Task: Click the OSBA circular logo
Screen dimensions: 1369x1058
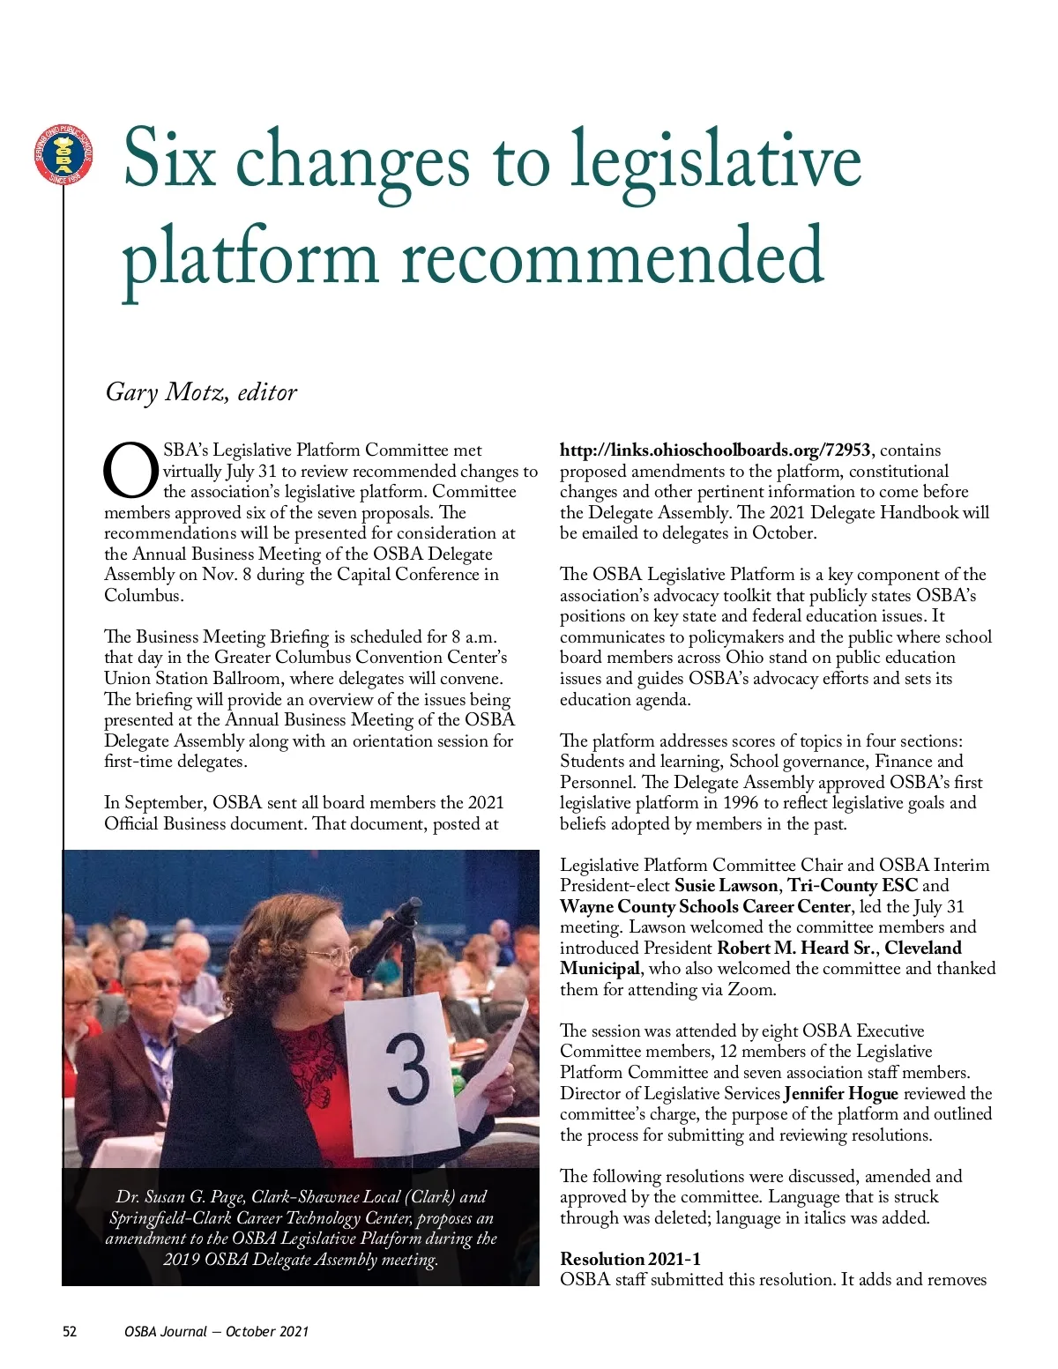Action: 63,155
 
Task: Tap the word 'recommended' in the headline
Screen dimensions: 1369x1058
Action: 613,256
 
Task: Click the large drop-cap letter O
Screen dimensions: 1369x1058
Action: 131,471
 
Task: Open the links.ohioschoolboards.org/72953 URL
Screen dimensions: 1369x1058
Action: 715,450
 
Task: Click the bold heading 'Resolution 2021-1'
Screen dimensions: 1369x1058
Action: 630,1259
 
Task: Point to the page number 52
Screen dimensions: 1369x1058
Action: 70,1331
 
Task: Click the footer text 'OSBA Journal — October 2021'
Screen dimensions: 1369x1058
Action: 216,1331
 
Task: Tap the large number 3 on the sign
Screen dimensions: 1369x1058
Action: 407,1070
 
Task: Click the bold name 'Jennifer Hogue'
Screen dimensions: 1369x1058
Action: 840,1094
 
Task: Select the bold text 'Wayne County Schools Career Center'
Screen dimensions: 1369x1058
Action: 705,907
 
